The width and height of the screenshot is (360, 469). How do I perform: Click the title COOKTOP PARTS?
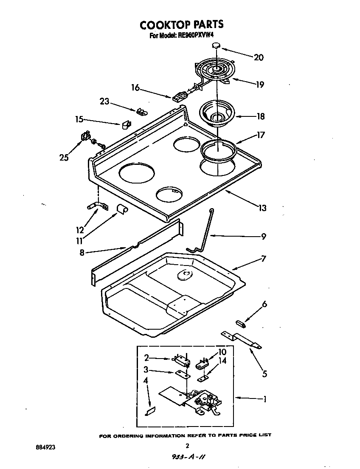(x=181, y=25)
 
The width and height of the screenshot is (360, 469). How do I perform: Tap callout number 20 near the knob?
(x=258, y=57)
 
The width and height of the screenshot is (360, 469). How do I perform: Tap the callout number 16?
(x=135, y=88)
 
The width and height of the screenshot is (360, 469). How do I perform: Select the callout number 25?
(x=64, y=158)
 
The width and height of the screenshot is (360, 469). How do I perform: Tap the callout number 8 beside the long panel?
(x=82, y=252)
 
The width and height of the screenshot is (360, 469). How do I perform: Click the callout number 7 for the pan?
(x=264, y=258)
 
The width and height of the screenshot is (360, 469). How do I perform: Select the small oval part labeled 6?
(x=241, y=325)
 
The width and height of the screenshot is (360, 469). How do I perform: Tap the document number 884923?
(x=45, y=447)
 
